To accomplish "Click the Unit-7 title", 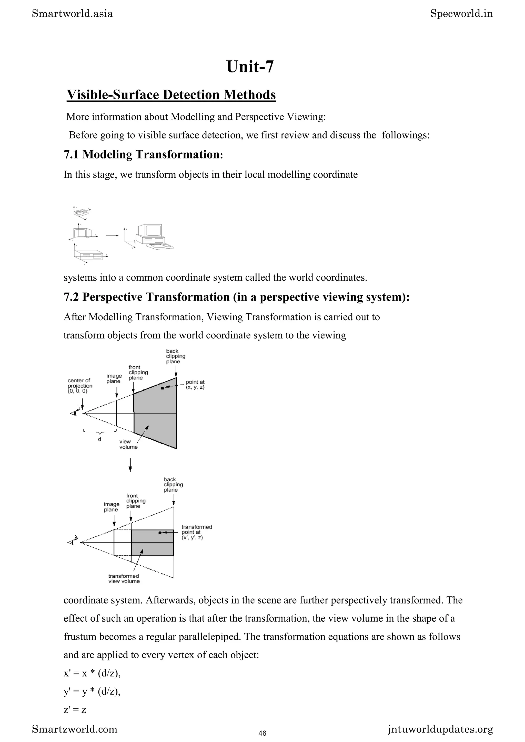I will (x=250, y=67).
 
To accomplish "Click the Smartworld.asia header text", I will (x=73, y=14).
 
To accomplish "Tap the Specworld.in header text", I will (x=461, y=14).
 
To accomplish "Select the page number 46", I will (x=262, y=733).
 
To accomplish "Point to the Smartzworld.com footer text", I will (x=75, y=729).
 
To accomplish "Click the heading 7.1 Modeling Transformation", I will (x=143, y=154).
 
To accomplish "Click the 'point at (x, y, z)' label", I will (x=195, y=385).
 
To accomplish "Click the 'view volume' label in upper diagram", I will (x=128, y=444).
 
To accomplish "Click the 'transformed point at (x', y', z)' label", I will (x=196, y=532).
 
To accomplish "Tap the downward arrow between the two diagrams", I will (x=130, y=465).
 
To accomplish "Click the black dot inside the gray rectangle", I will (x=160, y=533).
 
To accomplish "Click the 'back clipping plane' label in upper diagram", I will (x=175, y=356).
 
